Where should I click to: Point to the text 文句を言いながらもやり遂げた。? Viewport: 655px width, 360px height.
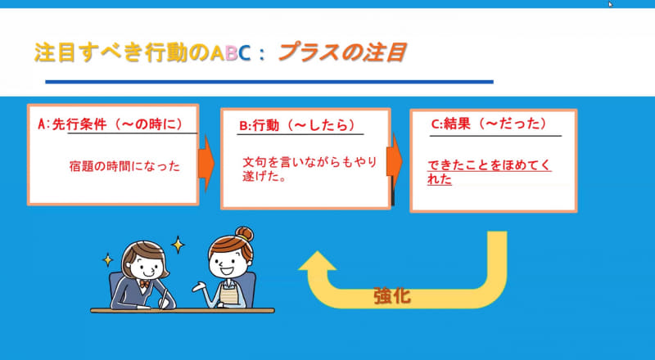click(x=310, y=168)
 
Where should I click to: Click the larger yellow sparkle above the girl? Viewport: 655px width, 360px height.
click(x=178, y=245)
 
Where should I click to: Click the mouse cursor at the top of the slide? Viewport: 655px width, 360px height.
click(x=611, y=4)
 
